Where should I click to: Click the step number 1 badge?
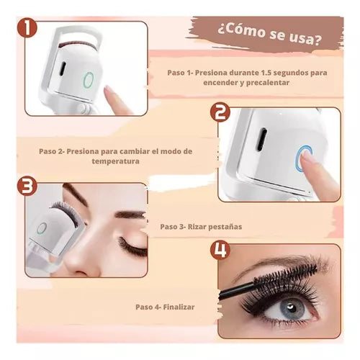click(x=27, y=28)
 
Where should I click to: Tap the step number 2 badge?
click(x=220, y=113)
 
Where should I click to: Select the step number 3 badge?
click(x=27, y=186)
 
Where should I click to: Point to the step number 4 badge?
click(x=220, y=251)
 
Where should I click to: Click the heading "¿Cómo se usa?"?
click(x=270, y=34)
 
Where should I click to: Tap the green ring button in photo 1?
click(x=89, y=79)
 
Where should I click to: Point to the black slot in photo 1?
click(x=63, y=68)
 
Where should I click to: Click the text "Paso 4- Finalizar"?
click(x=165, y=307)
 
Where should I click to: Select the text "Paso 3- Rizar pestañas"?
click(x=201, y=227)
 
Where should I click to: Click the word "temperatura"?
click(x=115, y=161)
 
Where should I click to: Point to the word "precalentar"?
click(x=268, y=83)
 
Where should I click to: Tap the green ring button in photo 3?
click(x=42, y=228)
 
